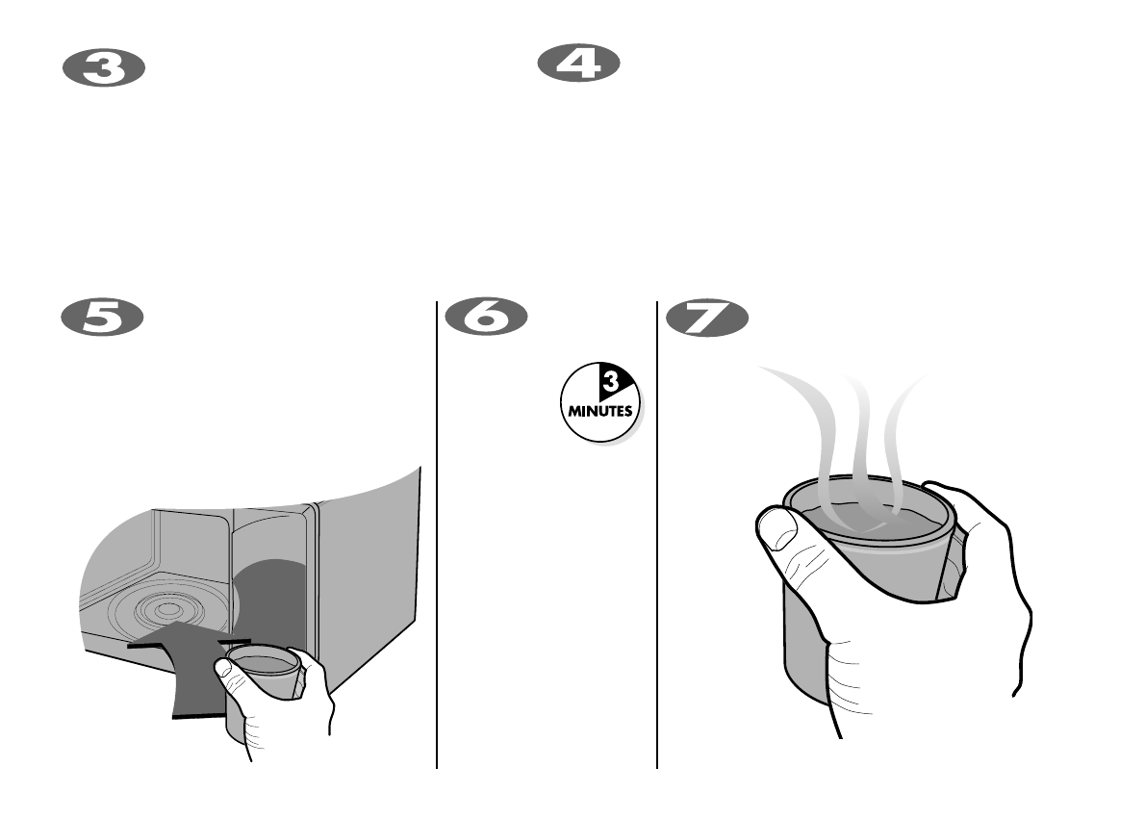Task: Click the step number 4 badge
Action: pyautogui.click(x=577, y=64)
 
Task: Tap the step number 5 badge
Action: pyautogui.click(x=103, y=318)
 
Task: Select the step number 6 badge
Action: pyautogui.click(x=486, y=318)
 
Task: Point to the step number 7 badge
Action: pyautogui.click(x=706, y=318)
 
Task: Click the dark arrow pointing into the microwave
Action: pyautogui.click(x=192, y=664)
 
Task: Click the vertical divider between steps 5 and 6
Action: pyautogui.click(x=437, y=539)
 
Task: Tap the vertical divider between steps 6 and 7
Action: pyautogui.click(x=657, y=539)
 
